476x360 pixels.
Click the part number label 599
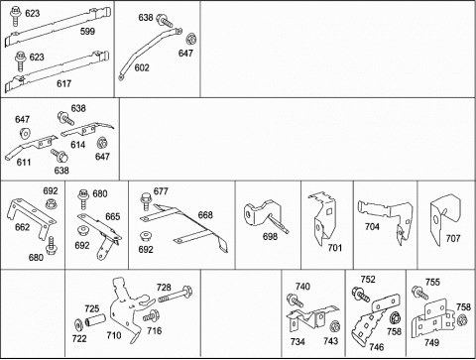point(87,32)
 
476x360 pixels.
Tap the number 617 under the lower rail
point(63,83)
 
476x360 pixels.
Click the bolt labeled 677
point(146,201)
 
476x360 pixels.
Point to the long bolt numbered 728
point(176,295)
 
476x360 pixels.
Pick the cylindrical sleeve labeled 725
point(95,320)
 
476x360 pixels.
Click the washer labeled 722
point(78,325)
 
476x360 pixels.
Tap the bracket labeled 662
point(32,214)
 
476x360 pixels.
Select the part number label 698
point(270,237)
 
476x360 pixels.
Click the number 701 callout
point(335,248)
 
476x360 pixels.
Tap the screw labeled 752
point(361,295)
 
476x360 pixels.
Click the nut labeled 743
point(335,325)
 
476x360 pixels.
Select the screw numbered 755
point(419,293)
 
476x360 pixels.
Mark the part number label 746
point(377,347)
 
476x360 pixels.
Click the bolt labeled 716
point(152,316)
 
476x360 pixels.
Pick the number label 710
point(114,335)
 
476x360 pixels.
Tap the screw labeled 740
point(295,300)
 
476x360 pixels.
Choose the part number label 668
point(205,215)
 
